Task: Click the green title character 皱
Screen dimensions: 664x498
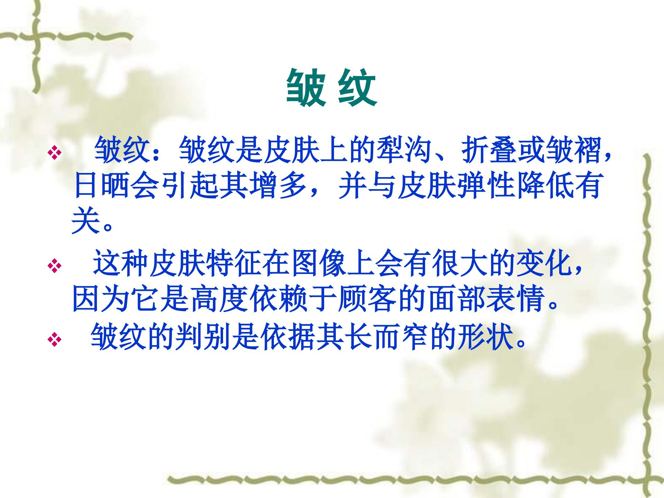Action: pyautogui.click(x=306, y=87)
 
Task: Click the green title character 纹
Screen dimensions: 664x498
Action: pyautogui.click(x=357, y=87)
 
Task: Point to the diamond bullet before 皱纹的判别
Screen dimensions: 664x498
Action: pyautogui.click(x=54, y=339)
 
